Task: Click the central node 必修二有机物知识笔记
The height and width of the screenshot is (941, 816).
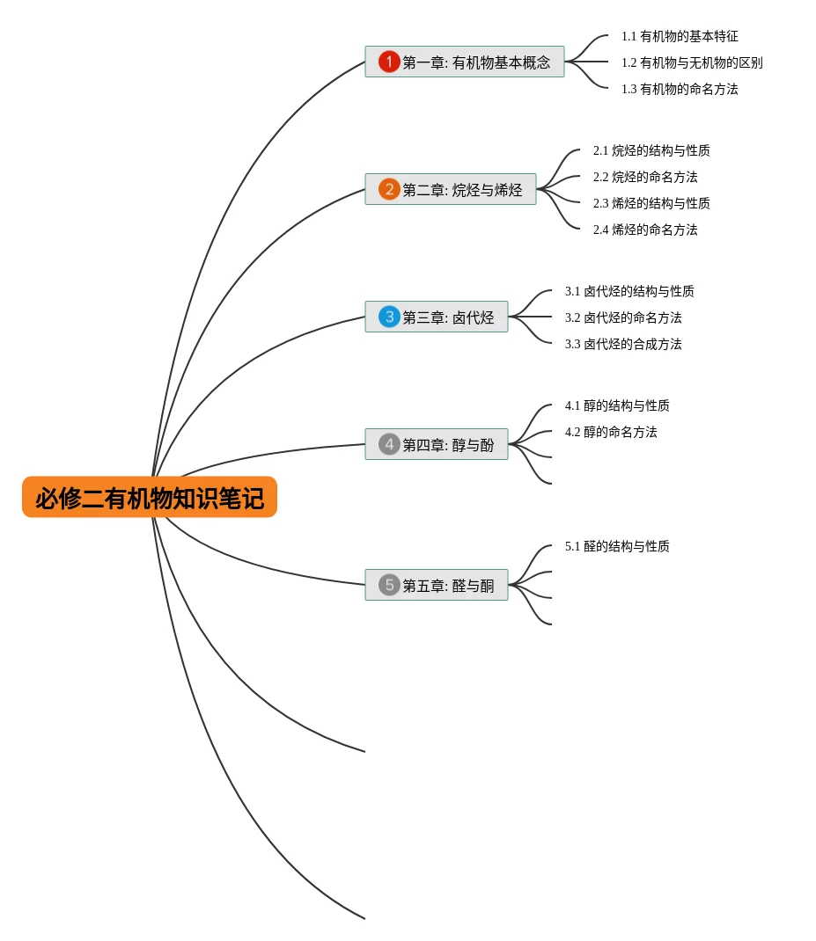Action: coord(150,498)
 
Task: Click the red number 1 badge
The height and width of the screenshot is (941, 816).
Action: coord(389,62)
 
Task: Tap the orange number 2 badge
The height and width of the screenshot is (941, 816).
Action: coord(389,189)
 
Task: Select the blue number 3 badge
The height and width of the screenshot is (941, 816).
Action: coord(389,317)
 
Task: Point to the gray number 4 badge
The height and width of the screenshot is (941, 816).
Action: coord(389,444)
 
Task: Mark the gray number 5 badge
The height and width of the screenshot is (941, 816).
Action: coord(389,585)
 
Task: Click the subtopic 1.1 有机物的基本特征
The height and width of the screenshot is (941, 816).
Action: coord(680,37)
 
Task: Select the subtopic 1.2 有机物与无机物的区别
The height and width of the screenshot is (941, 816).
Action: coord(692,63)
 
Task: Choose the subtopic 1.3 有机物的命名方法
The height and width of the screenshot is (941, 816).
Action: coord(680,90)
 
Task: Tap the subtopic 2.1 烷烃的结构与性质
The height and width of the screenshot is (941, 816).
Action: coord(651,151)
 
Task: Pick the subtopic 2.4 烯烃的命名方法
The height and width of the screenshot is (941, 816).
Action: coord(645,230)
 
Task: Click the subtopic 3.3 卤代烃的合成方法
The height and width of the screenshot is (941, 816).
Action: coord(623,345)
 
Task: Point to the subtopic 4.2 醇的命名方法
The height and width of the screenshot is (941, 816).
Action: coord(611,433)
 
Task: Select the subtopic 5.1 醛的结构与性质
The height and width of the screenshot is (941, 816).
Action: coord(617,547)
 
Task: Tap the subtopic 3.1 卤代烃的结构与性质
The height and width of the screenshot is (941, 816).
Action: coord(629,292)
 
